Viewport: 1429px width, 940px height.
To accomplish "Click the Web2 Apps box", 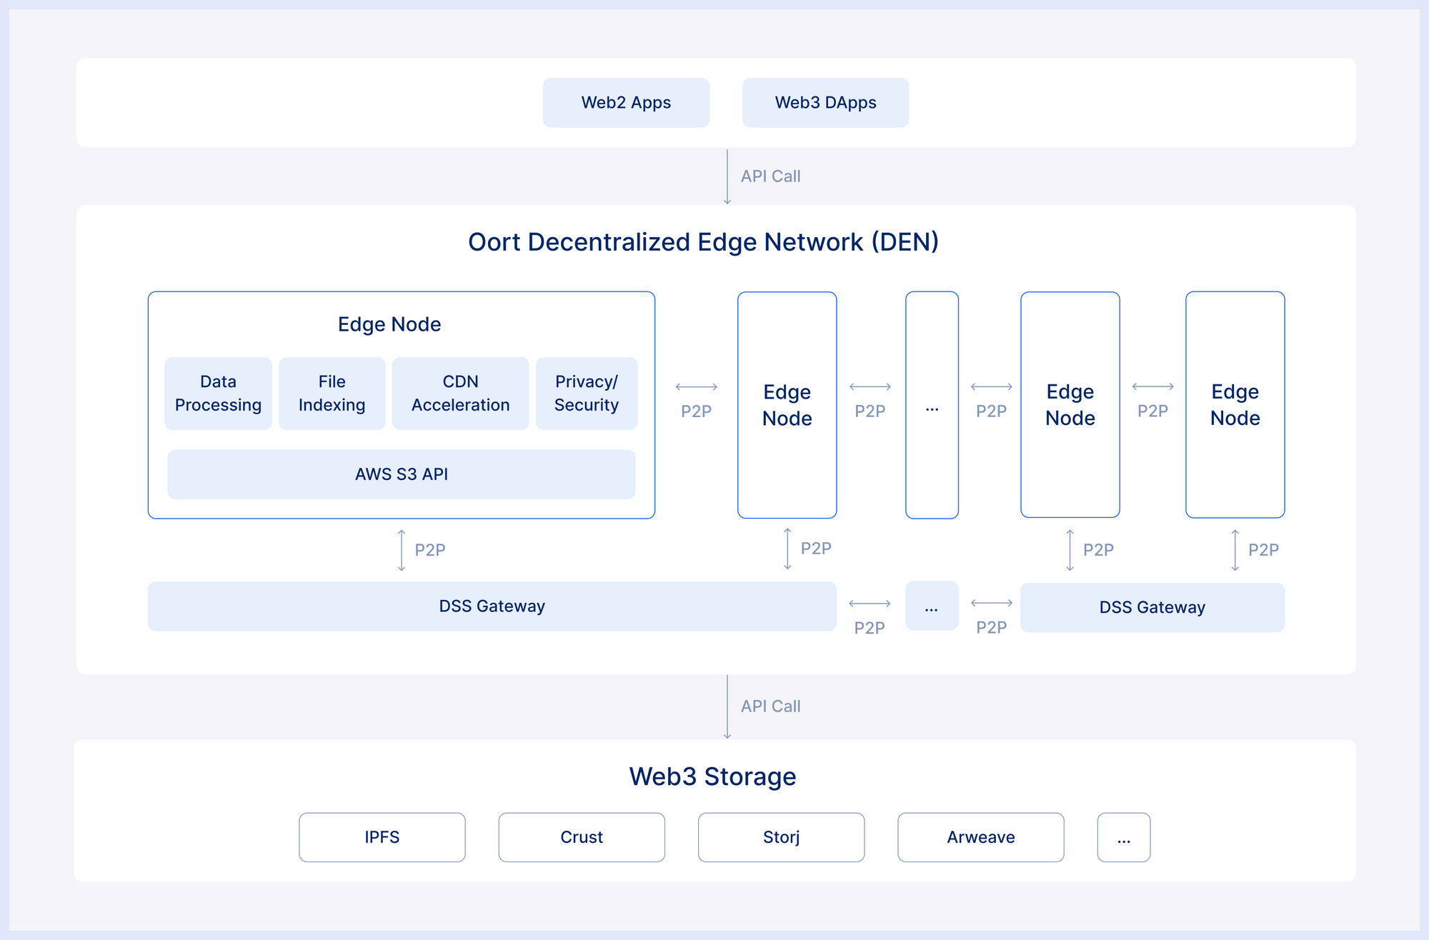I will (626, 103).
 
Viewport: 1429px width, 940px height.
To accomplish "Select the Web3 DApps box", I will (825, 103).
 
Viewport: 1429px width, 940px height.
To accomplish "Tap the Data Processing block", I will (218, 394).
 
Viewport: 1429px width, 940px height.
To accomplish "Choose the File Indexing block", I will (332, 394).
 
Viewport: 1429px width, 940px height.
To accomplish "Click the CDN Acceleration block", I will (460, 394).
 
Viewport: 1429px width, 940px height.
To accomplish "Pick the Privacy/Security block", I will (586, 394).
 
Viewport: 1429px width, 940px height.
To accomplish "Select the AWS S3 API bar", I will (401, 474).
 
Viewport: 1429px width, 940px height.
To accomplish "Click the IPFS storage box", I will (382, 837).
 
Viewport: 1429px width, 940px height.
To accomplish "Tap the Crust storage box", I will (582, 837).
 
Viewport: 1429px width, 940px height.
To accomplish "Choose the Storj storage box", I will (781, 837).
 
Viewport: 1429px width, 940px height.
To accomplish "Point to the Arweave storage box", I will (980, 837).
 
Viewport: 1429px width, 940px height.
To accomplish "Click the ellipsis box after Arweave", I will (1123, 837).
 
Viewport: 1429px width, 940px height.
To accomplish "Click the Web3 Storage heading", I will (712, 776).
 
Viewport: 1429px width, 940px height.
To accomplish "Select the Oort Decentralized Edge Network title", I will (703, 242).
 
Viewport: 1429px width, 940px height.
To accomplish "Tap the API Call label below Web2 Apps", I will (770, 176).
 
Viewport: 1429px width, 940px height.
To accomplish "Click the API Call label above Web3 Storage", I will (770, 706).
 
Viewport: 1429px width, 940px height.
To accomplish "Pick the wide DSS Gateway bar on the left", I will (492, 606).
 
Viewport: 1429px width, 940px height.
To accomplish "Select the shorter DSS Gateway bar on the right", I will (1152, 608).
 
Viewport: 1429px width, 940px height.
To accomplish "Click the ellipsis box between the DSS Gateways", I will (931, 606).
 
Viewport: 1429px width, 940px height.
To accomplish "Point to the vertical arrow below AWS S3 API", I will (402, 550).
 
